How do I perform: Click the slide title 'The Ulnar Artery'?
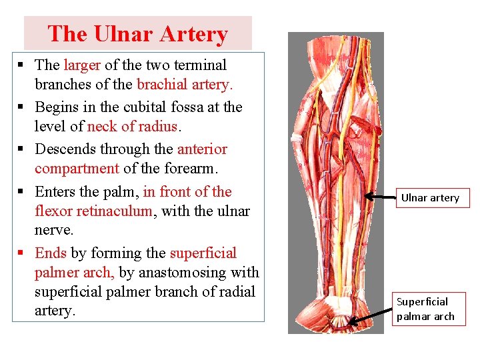[x=138, y=33]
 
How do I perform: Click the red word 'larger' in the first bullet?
[x=81, y=65]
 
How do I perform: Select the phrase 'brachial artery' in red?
[x=183, y=85]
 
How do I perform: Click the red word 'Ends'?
[x=51, y=253]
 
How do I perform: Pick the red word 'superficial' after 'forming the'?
[x=203, y=253]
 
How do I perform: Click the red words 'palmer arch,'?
[x=75, y=273]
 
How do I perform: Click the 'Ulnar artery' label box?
[x=430, y=198]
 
